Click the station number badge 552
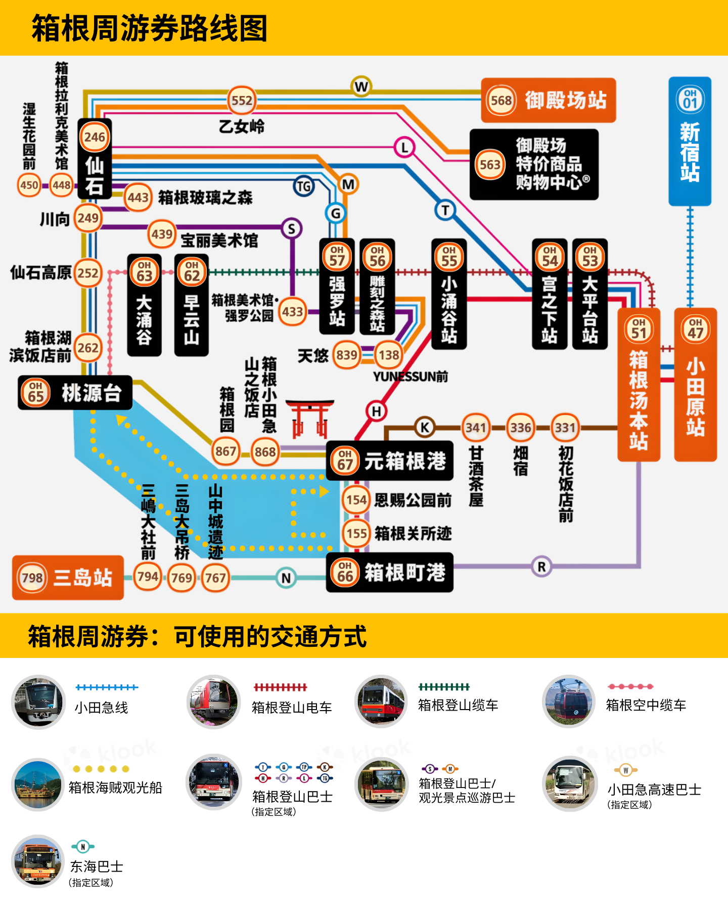tap(242, 101)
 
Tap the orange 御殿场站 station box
tap(548, 100)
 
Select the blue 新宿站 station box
tap(690, 141)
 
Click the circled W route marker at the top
tap(361, 87)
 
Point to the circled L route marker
tap(404, 148)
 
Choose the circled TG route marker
tap(304, 187)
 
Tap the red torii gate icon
tap(309, 419)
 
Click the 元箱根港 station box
tap(389, 461)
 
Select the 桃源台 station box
tap(75, 393)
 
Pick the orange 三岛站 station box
tap(68, 577)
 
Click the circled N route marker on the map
tap(286, 578)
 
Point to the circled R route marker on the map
tap(541, 567)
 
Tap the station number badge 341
tap(476, 428)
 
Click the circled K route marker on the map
tap(425, 428)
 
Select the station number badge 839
tap(347, 355)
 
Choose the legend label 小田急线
tap(102, 708)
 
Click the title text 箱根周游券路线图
tap(149, 28)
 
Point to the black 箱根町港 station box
tap(389, 572)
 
